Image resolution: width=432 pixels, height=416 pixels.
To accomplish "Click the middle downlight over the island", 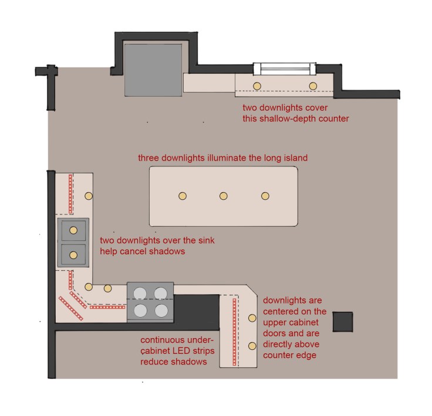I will pos(224,196).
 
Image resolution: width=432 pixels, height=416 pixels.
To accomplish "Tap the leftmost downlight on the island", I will pos(182,196).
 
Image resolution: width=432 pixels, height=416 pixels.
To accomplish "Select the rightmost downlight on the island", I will pos(265,196).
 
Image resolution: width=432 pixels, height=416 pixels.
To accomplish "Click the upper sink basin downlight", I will pos(73,230).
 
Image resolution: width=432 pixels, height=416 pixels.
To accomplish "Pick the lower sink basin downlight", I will pos(73,255).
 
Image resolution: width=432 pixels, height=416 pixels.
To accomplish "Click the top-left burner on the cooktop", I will pos(140,292).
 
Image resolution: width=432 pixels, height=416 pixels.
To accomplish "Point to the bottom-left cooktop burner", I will pos(140,310).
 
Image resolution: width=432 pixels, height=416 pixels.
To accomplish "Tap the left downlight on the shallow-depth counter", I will pos(256,86).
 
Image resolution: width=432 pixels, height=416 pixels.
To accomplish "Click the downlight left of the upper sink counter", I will pos(89,196).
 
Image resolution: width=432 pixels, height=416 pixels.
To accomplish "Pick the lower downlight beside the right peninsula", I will pos(252,346).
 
